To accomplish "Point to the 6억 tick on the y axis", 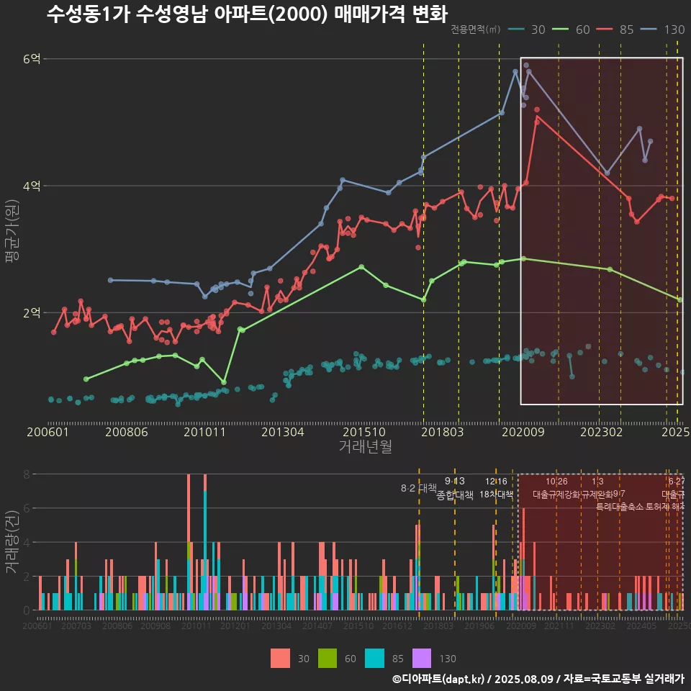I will click(x=32, y=59).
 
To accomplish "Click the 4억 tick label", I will click(x=32, y=186).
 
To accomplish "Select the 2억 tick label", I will click(x=32, y=312).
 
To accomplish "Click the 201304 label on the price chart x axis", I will click(x=282, y=433).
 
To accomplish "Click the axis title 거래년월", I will click(x=365, y=447).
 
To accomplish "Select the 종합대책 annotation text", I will click(x=454, y=495).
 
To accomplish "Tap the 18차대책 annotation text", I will click(x=496, y=495).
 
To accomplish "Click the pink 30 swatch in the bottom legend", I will click(x=281, y=658).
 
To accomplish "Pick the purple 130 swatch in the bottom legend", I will click(x=422, y=658).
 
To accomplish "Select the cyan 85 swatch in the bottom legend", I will click(x=375, y=658).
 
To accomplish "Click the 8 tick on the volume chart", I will click(x=26, y=474).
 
